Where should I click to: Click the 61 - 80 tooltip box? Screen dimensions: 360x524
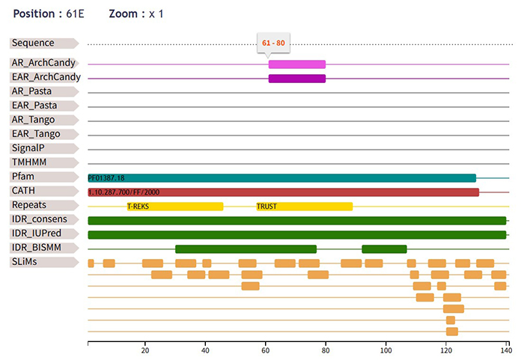coord(273,43)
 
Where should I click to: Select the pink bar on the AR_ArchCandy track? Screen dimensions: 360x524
coord(297,64)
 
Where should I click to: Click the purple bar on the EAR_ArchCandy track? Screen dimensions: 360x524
coord(297,78)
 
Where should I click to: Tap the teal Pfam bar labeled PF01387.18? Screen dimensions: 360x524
coord(281,177)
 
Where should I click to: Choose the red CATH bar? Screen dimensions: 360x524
coord(283,192)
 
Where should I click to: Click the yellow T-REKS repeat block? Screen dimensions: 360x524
coord(175,206)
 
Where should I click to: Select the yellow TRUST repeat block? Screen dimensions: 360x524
coord(304,206)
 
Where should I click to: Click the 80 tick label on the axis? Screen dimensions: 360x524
coord(326,350)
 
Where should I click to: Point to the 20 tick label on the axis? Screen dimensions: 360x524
coord(145,350)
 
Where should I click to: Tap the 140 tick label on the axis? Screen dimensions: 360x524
coord(505,350)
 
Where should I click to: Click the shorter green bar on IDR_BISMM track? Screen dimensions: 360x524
coord(384,248)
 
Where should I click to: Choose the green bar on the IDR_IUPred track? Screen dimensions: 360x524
coord(296,234)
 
